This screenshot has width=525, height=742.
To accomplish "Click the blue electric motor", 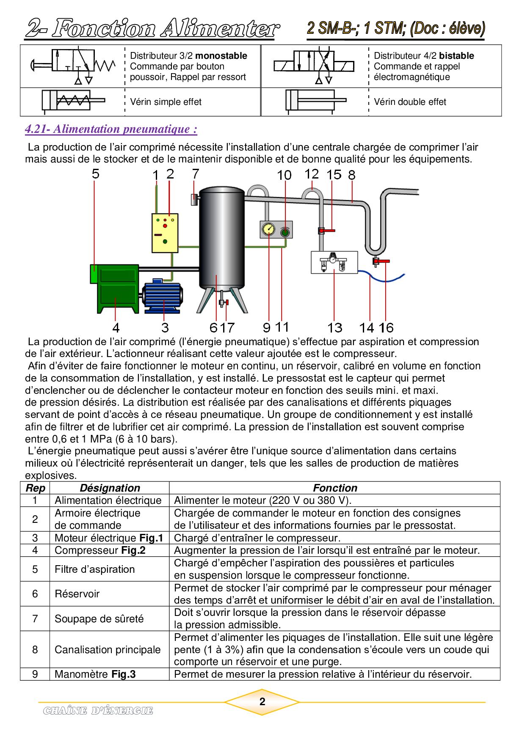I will point(163,296).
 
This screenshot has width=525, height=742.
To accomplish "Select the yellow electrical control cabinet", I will point(165,233).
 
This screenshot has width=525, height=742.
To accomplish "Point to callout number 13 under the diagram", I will point(334,327).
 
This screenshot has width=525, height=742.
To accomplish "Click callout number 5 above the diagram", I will point(96,173).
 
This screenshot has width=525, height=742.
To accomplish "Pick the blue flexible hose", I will point(381,278).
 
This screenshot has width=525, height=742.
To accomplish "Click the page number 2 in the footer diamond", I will point(262,702).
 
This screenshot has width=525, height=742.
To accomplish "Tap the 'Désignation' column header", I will point(110,488).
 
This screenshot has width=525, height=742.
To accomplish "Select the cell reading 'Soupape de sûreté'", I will point(99,618).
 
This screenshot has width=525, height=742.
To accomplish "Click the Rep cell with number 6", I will point(35,594).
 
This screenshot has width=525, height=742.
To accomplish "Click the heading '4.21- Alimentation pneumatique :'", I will point(111,129).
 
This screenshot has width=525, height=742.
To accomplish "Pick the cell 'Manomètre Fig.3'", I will point(95,674).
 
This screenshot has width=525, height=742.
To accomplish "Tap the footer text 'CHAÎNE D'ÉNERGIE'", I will point(98,711).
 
